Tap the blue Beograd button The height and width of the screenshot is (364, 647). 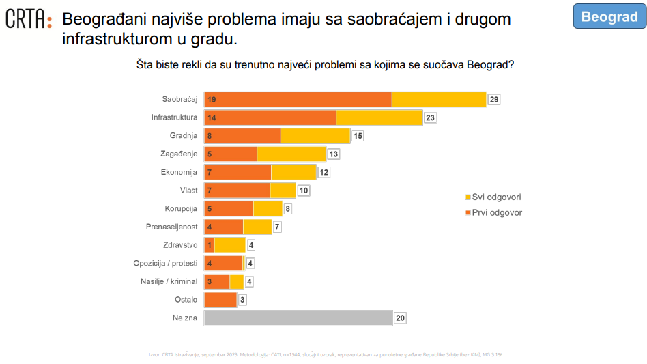point(609,17)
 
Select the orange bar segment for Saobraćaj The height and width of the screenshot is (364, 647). point(298,99)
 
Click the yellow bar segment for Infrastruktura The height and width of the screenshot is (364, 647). point(379,117)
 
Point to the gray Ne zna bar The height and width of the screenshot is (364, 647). point(298,318)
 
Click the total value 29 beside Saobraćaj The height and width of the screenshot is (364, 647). point(494,100)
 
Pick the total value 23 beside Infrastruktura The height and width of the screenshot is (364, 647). point(430,117)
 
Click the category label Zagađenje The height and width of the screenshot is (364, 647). point(179,154)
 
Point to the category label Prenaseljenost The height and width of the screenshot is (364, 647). point(171,227)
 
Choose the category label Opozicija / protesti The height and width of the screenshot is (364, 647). point(165,263)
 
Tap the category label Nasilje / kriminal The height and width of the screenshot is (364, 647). point(169,281)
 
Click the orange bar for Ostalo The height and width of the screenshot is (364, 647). point(220,299)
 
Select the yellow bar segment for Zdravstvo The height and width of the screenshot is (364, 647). point(230,244)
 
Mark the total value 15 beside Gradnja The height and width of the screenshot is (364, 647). point(358,136)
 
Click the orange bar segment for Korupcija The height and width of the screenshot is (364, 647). point(229,208)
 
